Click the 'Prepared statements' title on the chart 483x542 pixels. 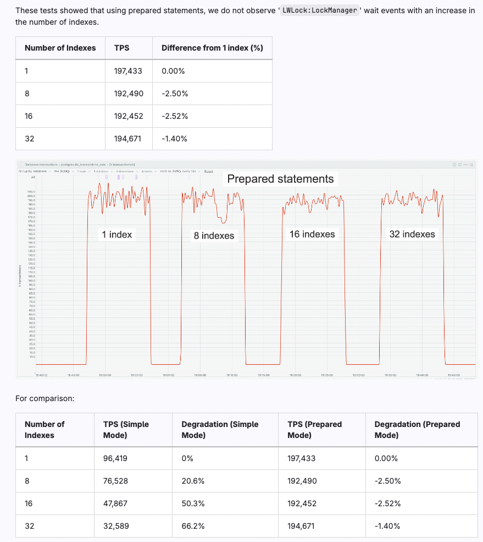[x=280, y=179]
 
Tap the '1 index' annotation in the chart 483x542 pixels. [x=116, y=234]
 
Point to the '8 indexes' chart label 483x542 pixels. [x=214, y=236]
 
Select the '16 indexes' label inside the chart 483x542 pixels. [x=312, y=234]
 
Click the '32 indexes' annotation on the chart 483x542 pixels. [x=412, y=234]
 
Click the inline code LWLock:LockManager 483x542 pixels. [x=319, y=10]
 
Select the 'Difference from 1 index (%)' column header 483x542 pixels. [x=212, y=48]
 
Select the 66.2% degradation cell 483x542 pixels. [x=193, y=526]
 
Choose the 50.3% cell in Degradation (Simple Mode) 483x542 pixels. [x=193, y=503]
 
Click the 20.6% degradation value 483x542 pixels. [x=193, y=481]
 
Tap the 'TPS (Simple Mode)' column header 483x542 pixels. [x=126, y=430]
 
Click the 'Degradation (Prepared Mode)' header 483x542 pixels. [x=417, y=430]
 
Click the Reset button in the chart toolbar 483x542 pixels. [x=208, y=172]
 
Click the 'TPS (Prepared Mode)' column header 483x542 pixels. [x=314, y=430]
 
